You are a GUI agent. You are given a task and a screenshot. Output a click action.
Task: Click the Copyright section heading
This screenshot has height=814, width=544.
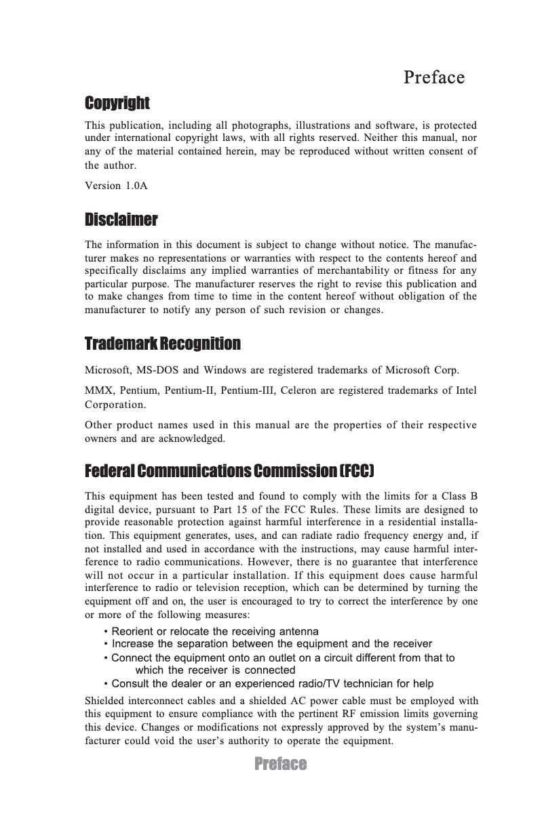(117, 103)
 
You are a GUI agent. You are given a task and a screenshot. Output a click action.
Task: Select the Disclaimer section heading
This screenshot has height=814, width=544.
(121, 220)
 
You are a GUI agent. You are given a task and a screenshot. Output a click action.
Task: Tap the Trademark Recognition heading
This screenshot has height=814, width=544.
(162, 344)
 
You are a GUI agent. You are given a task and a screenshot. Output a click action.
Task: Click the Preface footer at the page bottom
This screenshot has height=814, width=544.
(280, 764)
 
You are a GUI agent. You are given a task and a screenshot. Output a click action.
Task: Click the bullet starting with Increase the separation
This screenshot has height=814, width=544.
(267, 643)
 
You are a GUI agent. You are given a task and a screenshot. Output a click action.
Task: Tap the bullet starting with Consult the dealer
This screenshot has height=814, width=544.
(269, 683)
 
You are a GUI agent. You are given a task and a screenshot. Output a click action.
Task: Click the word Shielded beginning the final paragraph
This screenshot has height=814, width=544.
(106, 701)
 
